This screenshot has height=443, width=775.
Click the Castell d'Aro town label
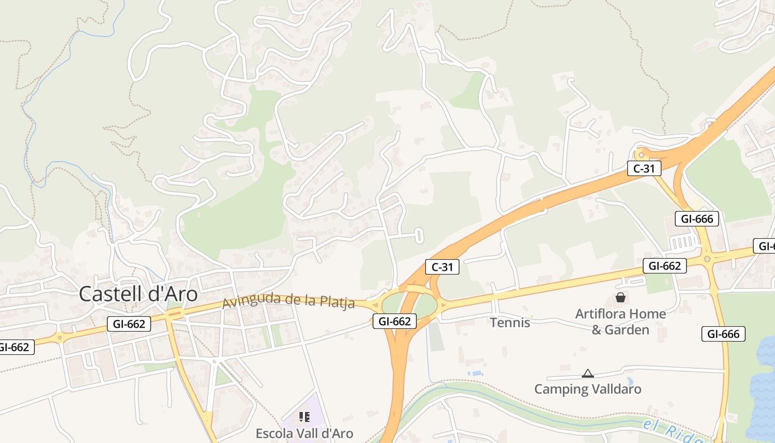[138, 294]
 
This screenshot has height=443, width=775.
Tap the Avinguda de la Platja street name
[288, 301]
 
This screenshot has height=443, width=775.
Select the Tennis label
[510, 322]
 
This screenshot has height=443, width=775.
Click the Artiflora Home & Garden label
[620, 322]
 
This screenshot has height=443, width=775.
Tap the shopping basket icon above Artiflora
[621, 298]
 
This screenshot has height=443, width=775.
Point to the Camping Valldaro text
[587, 389]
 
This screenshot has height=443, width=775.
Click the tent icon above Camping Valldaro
[588, 374]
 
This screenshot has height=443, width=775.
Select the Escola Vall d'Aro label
[304, 433]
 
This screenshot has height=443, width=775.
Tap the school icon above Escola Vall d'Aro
[304, 416]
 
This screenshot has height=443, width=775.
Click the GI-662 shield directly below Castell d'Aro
[129, 324]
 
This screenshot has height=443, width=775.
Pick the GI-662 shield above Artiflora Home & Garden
[664, 266]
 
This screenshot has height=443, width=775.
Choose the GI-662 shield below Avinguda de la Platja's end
[394, 321]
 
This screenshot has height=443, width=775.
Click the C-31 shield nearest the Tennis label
[442, 267]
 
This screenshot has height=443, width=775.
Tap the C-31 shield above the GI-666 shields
[644, 168]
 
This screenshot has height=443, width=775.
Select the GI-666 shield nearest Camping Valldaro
[723, 334]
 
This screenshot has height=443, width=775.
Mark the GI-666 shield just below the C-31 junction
[696, 219]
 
